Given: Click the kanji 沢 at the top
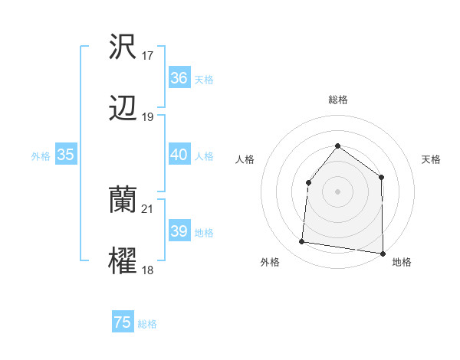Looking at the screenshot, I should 123,47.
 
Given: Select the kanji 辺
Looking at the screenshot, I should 123,109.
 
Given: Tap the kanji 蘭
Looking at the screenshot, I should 123,201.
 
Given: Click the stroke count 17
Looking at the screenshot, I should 148,56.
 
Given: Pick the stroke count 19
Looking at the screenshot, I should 148,117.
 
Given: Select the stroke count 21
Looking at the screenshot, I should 148,209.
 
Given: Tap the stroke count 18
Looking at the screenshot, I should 148,270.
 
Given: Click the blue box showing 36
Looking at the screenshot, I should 179,78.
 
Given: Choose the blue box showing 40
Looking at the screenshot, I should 179,155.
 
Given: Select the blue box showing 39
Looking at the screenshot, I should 179,231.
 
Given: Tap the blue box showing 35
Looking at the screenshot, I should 65,155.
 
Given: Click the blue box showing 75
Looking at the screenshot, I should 123,322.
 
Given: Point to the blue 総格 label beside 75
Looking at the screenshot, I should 147,324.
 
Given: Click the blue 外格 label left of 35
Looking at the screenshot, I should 41,156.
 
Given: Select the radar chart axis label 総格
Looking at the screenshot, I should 337,100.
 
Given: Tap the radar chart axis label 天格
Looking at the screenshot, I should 431,159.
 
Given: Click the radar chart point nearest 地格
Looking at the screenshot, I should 383,253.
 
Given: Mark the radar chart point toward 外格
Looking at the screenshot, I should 302,242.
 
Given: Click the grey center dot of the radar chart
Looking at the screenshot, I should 337,191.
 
